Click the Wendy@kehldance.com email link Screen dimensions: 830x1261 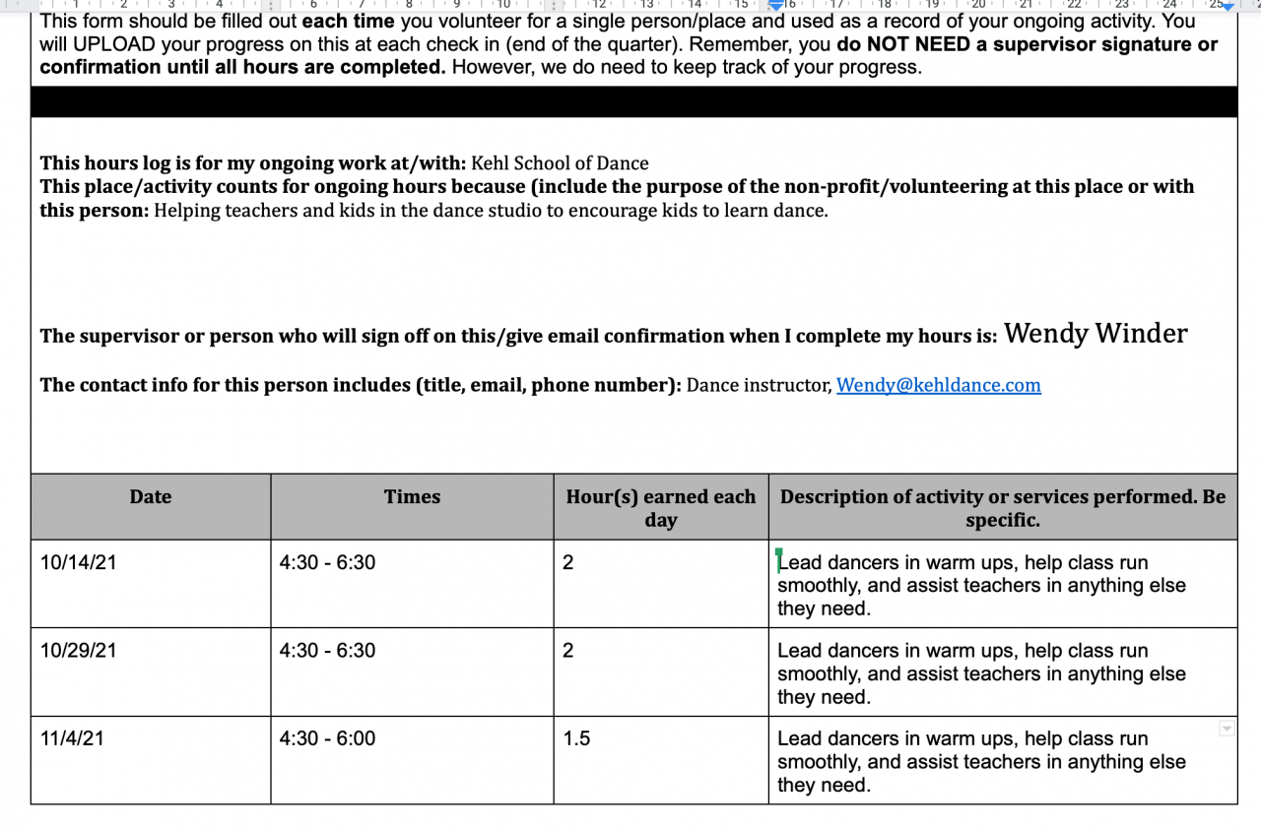tap(938, 385)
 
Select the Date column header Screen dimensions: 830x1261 tap(151, 497)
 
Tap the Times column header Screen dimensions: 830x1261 tap(412, 497)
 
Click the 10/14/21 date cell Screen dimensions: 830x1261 tap(71, 563)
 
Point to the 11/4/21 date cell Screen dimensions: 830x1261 tap(71, 738)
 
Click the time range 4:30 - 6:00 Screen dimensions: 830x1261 tap(327, 738)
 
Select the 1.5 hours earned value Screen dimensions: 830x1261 tap(576, 738)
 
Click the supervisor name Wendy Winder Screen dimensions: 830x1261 tap(1095, 334)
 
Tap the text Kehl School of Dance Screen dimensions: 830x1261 tap(560, 163)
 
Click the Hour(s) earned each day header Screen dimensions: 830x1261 tap(660, 508)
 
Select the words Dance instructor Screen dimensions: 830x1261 tap(758, 385)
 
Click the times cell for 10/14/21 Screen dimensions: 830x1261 tap(327, 563)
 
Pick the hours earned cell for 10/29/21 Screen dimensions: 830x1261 tap(568, 651)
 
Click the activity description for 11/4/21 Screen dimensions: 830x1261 tap(981, 761)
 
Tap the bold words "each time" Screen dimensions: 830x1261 tap(348, 21)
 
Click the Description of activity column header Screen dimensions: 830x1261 tap(1002, 508)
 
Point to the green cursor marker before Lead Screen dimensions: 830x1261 tap(778, 559)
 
